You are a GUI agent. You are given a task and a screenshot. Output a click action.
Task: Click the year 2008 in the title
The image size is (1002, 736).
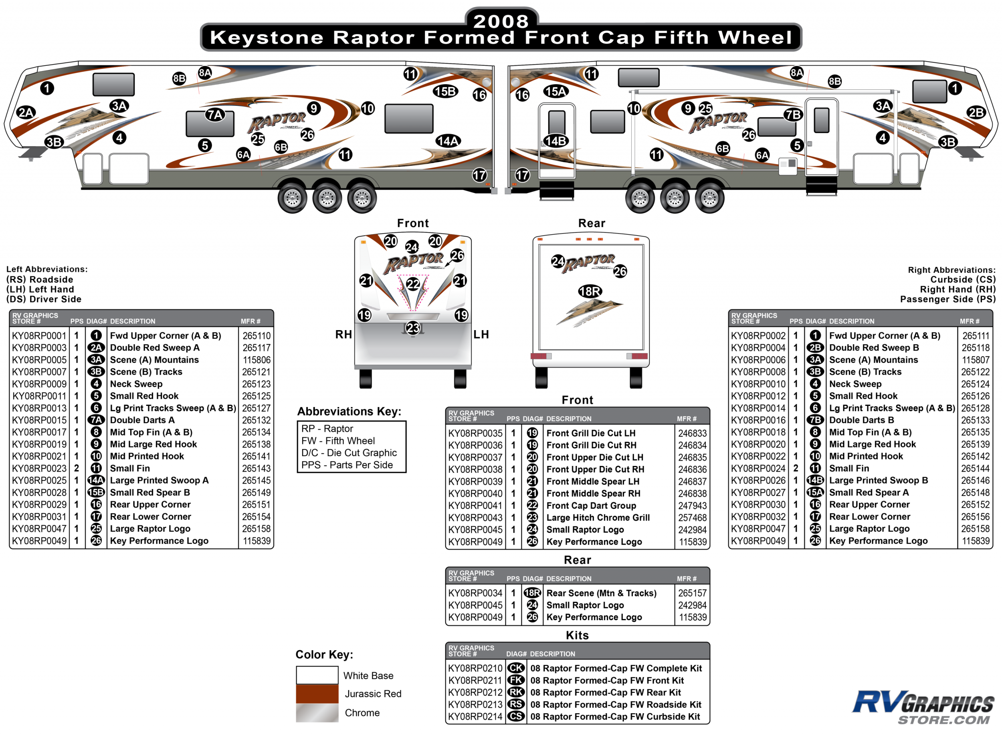[x=501, y=21]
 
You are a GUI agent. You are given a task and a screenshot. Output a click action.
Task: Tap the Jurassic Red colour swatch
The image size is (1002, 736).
[x=317, y=694]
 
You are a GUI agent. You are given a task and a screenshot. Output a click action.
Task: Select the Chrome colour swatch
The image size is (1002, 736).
[x=317, y=712]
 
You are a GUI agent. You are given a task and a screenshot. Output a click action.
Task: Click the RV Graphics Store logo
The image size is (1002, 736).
[x=922, y=707]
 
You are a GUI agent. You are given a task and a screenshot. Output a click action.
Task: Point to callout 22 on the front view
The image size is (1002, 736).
[x=413, y=284]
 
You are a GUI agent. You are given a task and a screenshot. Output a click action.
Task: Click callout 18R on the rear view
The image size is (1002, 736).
[x=589, y=291]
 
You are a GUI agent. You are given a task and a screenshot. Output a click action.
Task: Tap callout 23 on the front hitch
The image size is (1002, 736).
[x=413, y=328]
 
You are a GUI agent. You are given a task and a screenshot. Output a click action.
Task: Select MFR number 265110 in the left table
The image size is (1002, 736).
[x=256, y=335]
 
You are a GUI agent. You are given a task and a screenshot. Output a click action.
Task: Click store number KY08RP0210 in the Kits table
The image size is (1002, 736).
[x=475, y=668]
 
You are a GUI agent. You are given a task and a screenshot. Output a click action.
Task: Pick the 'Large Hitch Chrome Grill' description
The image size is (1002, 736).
[x=598, y=518]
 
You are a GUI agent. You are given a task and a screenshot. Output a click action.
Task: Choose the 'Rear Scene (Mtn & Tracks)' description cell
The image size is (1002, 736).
[x=601, y=593]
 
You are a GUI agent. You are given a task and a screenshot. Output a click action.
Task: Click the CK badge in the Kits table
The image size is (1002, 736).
[x=516, y=668]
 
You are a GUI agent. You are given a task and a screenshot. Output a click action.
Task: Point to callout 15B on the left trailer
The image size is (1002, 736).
[x=445, y=91]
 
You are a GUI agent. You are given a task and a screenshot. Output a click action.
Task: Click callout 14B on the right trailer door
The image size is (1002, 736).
[x=556, y=141]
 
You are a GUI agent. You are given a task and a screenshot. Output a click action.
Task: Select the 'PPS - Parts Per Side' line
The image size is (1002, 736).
[x=347, y=465]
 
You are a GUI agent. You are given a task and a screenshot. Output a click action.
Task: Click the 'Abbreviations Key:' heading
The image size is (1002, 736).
[x=349, y=411]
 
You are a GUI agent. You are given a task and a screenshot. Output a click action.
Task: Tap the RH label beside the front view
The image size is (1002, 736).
[x=343, y=335]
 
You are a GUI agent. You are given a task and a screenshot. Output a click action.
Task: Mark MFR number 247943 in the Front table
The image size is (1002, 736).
[x=692, y=506]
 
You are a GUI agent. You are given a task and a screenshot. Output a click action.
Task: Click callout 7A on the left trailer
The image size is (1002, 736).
[x=215, y=115]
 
